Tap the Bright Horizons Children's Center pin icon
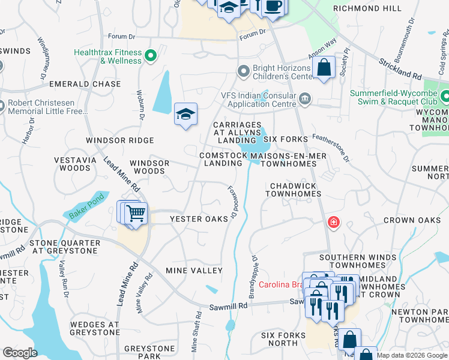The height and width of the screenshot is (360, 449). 243,73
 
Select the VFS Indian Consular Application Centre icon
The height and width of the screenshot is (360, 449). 305,98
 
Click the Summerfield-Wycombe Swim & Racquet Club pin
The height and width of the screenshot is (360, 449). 445,96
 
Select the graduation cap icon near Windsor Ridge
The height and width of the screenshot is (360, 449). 185,115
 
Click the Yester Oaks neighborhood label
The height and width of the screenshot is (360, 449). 199,219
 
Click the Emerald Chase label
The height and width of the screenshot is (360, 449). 85,84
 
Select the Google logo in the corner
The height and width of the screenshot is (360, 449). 20,353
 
